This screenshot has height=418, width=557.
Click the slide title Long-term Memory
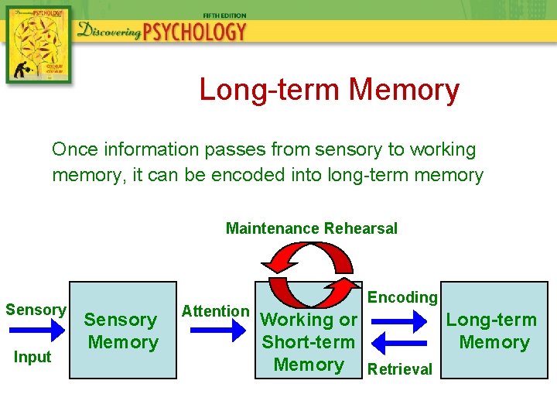329,90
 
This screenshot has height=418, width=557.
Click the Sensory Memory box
121,331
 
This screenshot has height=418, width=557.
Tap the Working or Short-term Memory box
309,341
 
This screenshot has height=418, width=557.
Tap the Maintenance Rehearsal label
311,228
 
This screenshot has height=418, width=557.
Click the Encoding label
402,297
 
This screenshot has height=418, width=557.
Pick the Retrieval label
400,369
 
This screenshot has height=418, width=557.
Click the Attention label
215,311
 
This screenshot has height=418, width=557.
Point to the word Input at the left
32,357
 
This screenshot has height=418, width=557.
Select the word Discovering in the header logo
108,32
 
